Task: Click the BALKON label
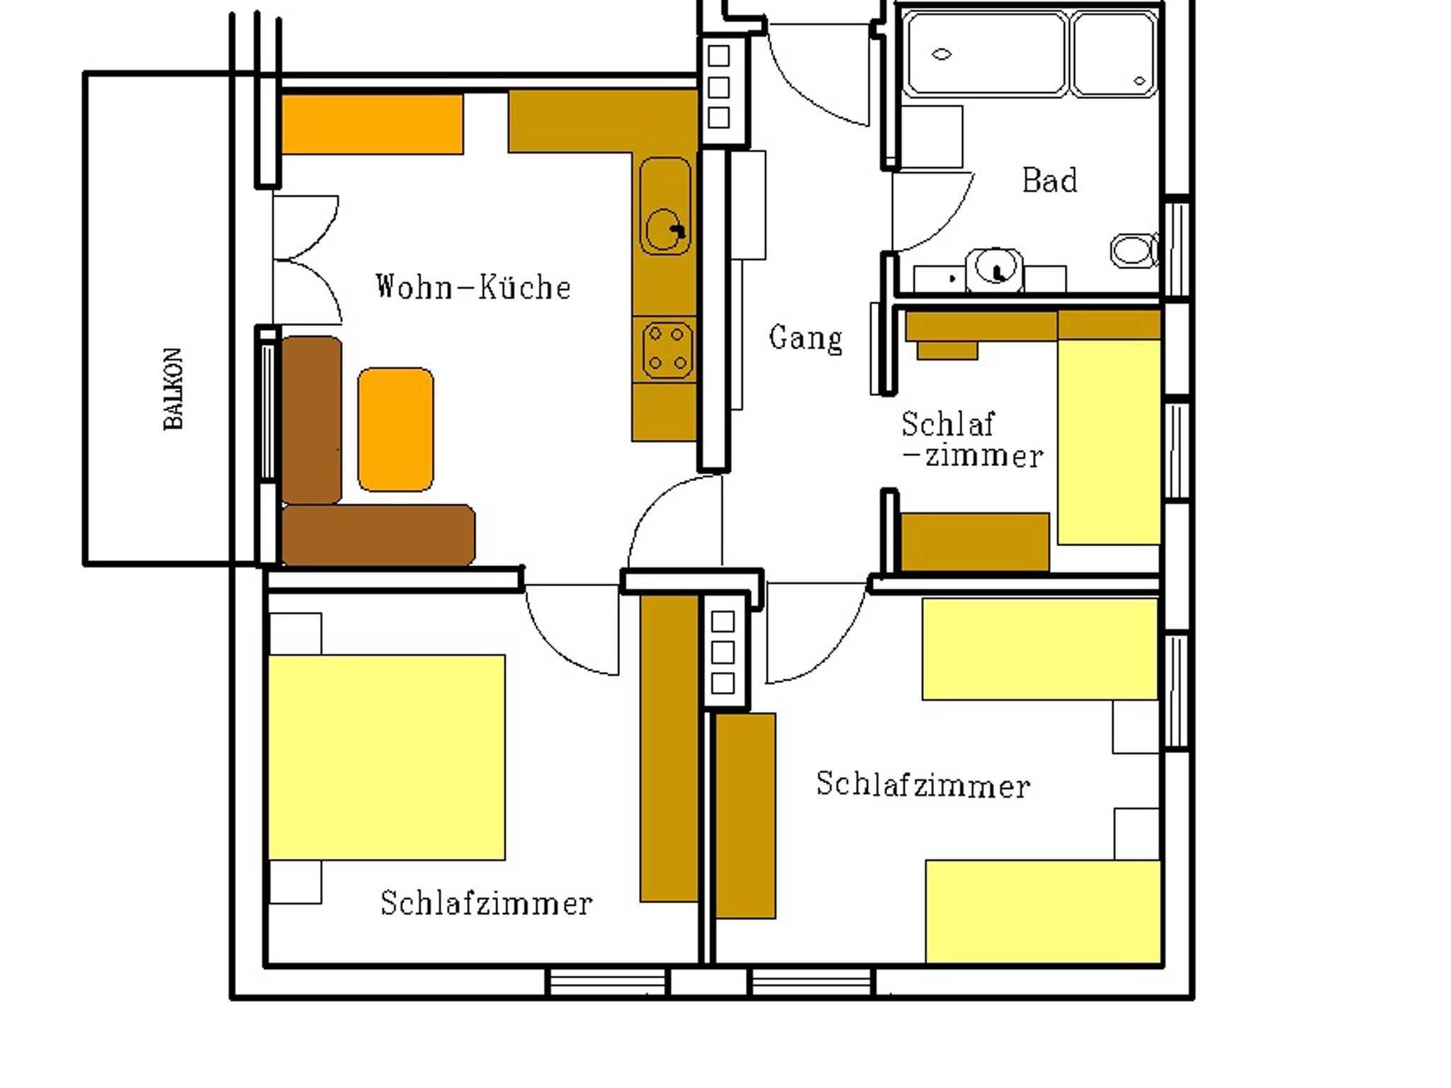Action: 174,389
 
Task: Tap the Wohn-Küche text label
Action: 473,287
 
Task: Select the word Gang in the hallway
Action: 806,339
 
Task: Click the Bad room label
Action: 1050,180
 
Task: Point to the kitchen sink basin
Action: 665,206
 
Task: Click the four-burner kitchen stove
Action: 667,348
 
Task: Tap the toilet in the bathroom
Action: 1133,250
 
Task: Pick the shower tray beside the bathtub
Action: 1114,54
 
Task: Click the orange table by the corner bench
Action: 395,429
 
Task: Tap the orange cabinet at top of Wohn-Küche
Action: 372,124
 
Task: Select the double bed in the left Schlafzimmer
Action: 386,757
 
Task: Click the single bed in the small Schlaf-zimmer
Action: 1109,441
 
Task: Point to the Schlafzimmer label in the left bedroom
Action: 487,903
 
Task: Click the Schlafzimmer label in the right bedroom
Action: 923,785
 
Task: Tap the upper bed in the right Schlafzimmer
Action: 1039,649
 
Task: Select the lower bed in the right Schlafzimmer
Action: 1043,912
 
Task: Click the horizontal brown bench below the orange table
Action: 378,535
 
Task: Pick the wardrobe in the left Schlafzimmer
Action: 669,748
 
